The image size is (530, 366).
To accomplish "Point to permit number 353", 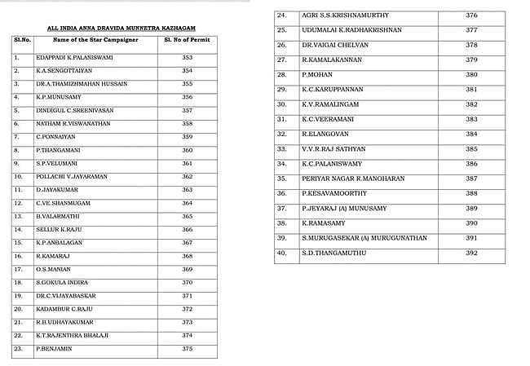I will (187, 59).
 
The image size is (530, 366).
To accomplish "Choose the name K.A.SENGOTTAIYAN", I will (63, 71).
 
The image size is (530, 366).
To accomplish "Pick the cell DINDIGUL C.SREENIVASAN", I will (68, 110).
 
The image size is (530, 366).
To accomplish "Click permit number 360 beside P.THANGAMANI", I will (187, 150).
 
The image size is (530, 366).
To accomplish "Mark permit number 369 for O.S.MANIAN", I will (187, 269).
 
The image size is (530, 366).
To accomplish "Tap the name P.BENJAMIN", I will (53, 348).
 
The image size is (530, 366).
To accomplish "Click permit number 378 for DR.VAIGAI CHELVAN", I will (470, 45).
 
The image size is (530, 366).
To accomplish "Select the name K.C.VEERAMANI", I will (327, 119).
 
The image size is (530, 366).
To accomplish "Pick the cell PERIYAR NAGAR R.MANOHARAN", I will (341, 179).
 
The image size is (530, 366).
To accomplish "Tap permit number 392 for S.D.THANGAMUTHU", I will (470, 253).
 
